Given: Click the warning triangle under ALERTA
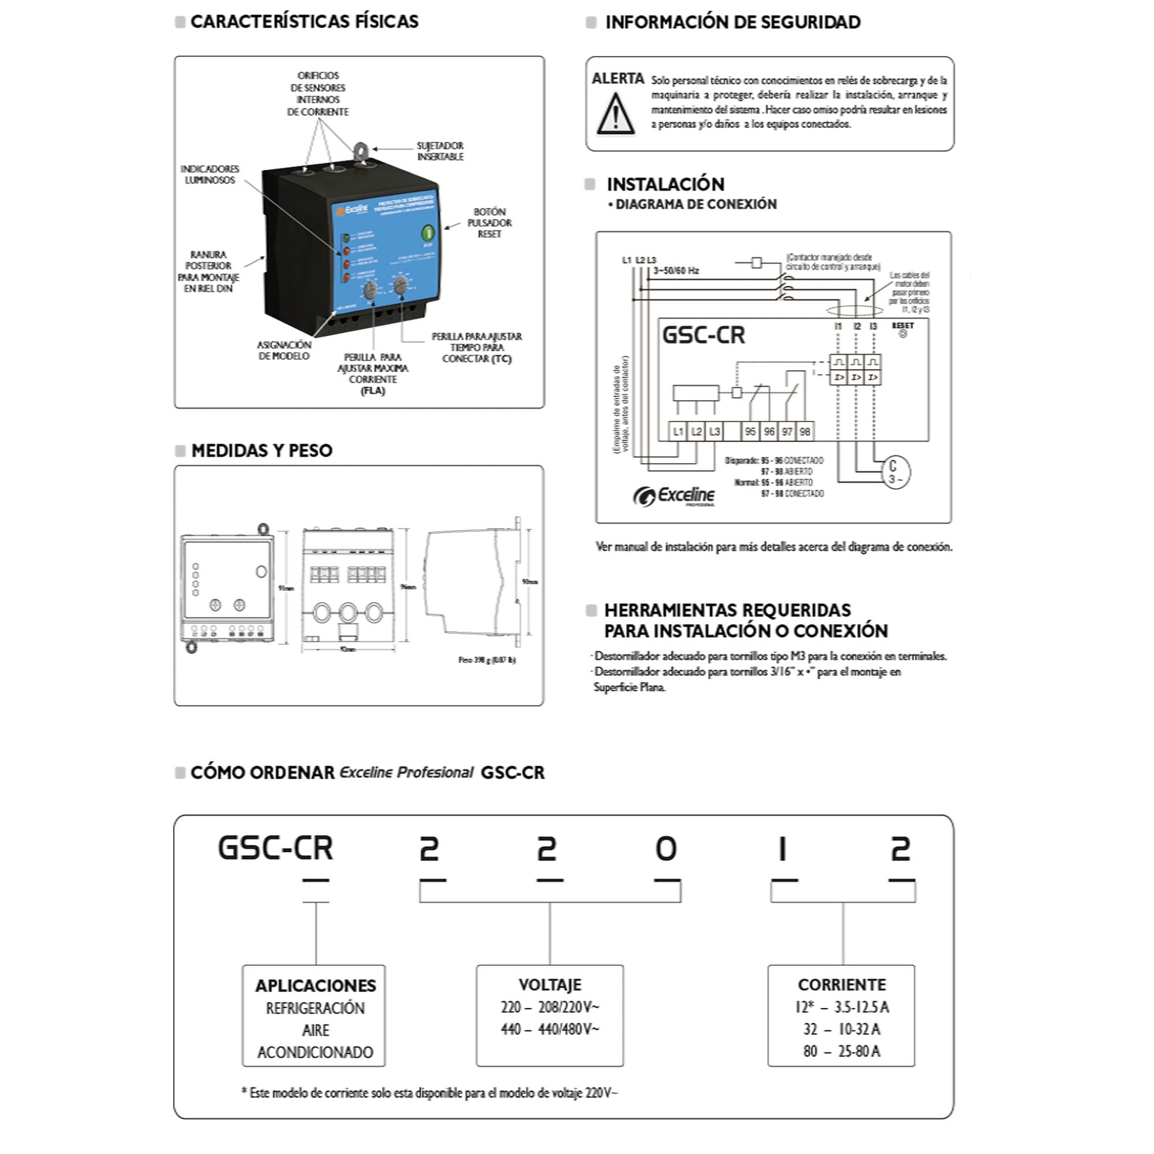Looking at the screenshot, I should click(615, 114).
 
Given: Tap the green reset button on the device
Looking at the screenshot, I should click(428, 233).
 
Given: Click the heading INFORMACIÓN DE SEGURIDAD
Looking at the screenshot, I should click(733, 22).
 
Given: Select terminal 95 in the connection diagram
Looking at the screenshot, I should click(750, 432).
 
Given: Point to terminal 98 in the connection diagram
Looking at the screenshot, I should click(805, 432).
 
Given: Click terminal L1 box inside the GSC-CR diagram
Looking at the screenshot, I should click(678, 432).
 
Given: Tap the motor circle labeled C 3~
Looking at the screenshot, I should click(895, 472).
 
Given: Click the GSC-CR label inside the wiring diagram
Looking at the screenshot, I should click(703, 335).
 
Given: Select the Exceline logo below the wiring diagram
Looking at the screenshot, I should click(674, 496).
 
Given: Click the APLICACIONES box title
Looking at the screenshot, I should click(316, 986).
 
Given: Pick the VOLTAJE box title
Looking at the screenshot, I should click(550, 985).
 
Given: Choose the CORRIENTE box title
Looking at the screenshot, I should click(841, 985).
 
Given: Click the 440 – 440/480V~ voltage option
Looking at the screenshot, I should click(550, 1030).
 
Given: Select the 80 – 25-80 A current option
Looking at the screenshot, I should click(841, 1051).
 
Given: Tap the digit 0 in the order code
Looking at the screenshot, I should click(666, 849).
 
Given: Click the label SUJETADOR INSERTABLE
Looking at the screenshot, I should click(440, 151).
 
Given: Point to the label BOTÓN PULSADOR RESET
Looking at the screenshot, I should click(489, 223).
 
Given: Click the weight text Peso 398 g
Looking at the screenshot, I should click(487, 660).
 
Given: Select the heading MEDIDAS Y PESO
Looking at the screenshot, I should click(261, 451).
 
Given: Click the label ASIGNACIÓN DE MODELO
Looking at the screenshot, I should click(284, 350).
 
